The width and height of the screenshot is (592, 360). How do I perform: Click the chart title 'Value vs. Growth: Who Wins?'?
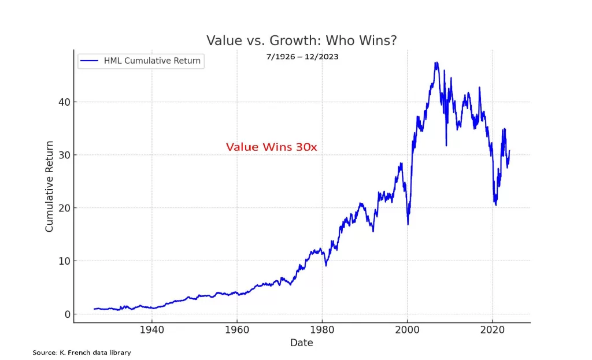pos(301,40)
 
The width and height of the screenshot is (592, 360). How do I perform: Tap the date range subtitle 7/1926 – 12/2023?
pos(301,57)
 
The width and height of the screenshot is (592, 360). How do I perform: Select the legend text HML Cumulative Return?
pos(152,61)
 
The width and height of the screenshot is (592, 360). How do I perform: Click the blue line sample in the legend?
pos(90,61)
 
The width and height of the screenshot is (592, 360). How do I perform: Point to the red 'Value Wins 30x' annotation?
pos(271,147)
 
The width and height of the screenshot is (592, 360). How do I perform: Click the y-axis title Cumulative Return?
pos(49,186)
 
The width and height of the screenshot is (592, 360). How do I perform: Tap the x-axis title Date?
pos(301,343)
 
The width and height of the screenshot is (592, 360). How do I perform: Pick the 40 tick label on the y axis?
pos(62,102)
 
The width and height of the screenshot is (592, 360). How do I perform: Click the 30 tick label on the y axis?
pos(62,155)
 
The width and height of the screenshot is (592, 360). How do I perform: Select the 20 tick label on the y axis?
pos(62,208)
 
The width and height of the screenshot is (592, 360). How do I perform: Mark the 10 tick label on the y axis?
pos(62,261)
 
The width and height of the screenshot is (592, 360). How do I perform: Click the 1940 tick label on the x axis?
pos(151,331)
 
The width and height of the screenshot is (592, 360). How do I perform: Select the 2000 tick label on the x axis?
pos(407,331)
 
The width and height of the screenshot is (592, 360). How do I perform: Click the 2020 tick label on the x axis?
pos(492,331)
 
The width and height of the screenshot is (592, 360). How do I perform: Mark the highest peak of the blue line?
pos(436,62)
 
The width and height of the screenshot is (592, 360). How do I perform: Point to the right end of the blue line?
pos(509,151)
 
